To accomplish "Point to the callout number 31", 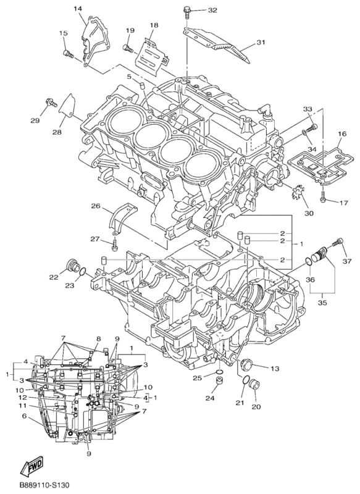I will [x=261, y=43].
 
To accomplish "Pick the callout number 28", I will [x=57, y=132].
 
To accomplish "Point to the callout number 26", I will [x=96, y=206].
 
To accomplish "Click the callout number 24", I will [x=209, y=398].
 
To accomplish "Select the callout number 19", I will [x=130, y=30].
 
